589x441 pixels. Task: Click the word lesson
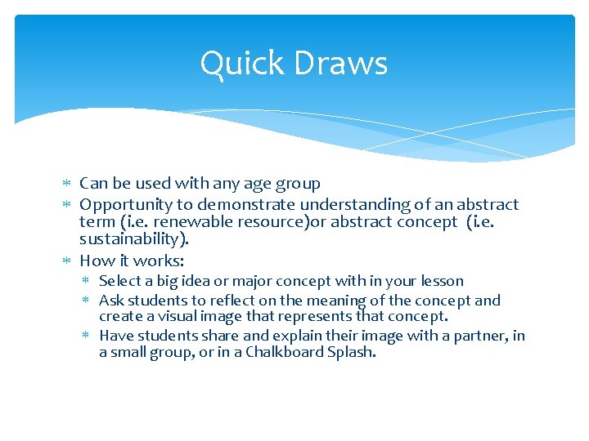click(x=442, y=281)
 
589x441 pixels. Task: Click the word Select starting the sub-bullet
click(x=119, y=281)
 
